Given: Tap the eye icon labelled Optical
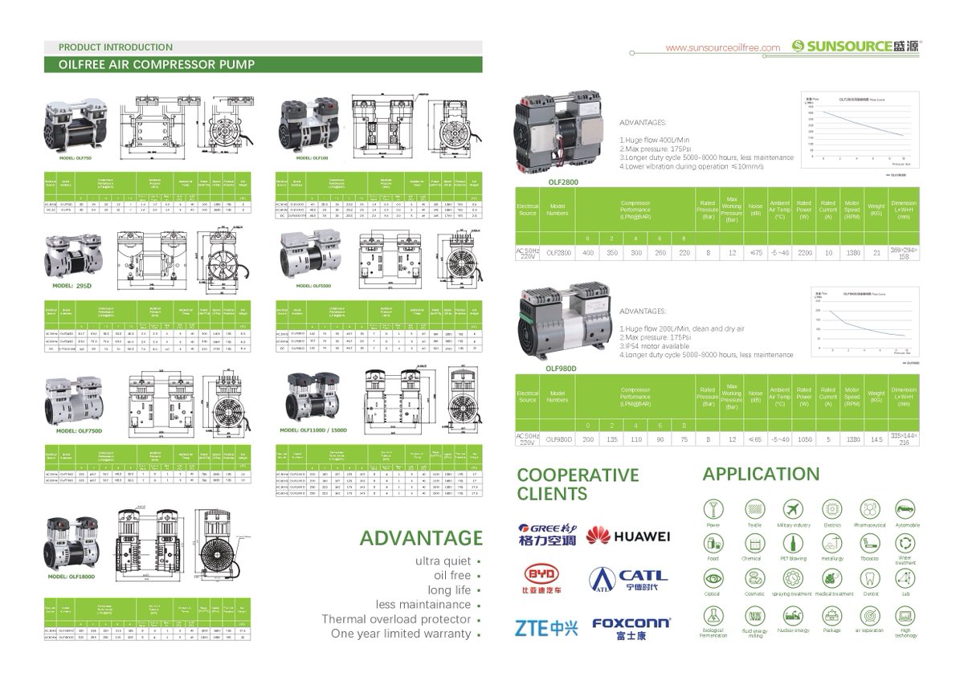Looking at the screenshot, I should click(x=713, y=578).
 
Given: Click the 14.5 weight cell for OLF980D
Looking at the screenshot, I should click(x=877, y=439).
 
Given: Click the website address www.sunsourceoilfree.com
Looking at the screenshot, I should click(x=723, y=47).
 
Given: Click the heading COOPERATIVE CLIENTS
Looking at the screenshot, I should click(x=566, y=483).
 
